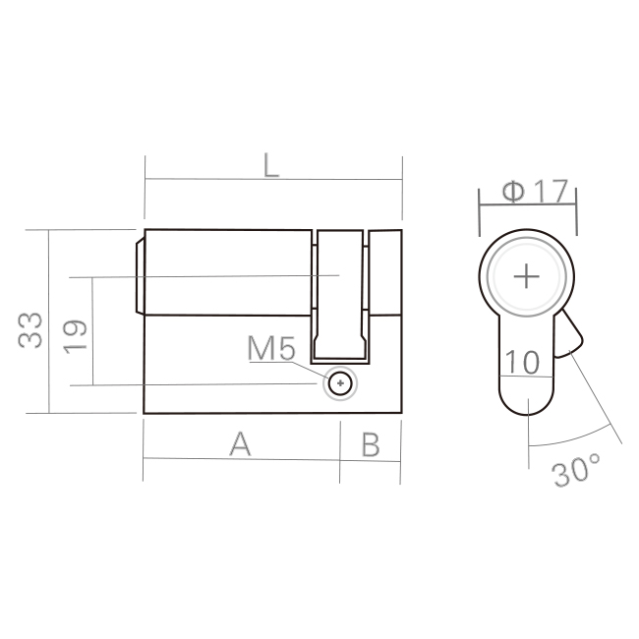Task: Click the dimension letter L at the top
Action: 271,165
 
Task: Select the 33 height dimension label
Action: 30,330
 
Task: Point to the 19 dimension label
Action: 75,337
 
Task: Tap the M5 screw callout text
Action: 271,348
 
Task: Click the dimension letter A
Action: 240,443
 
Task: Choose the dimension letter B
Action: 371,444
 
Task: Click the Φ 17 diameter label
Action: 535,191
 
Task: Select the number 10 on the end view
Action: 522,362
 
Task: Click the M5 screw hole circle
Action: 340,383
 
